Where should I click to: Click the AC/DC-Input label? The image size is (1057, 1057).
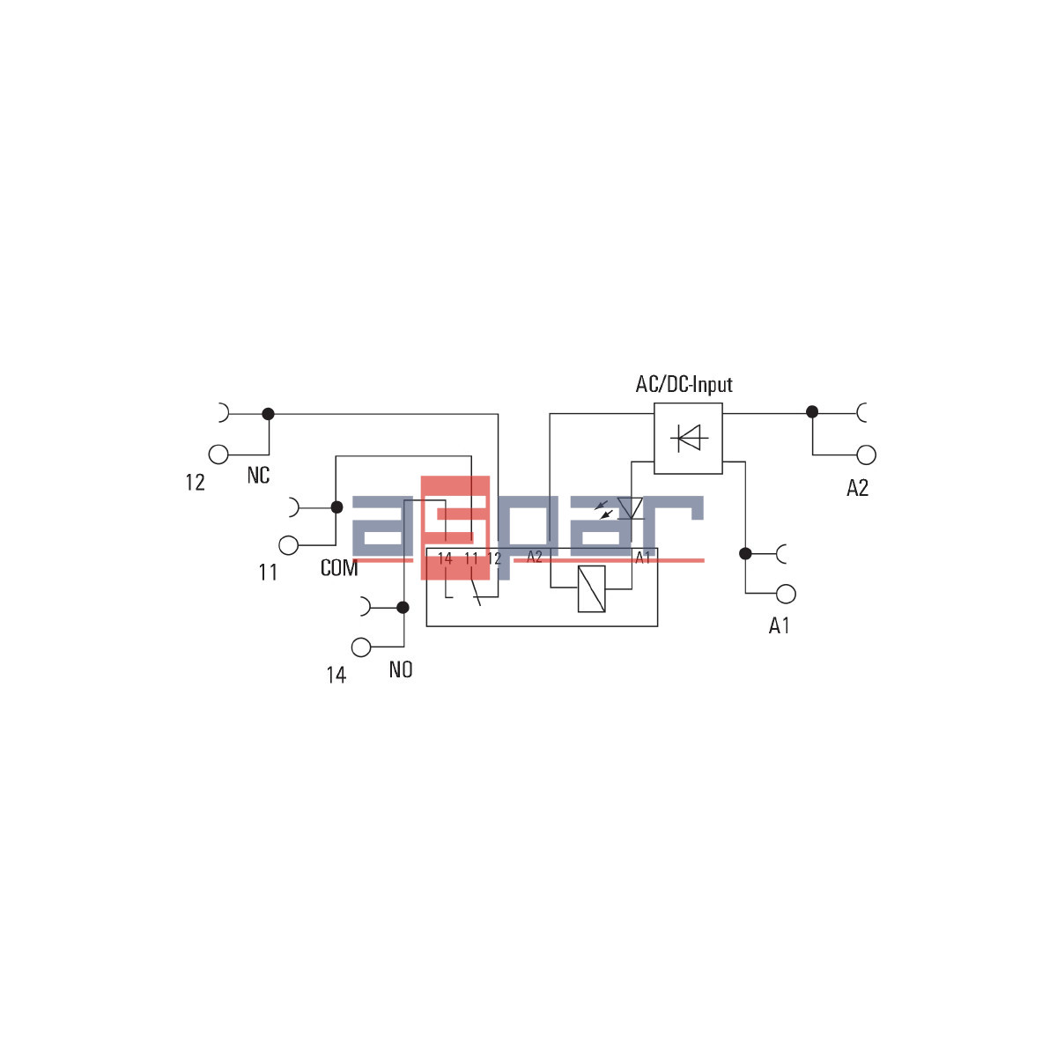684,385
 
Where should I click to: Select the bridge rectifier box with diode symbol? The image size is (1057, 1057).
688,438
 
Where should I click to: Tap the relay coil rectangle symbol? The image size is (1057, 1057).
591,588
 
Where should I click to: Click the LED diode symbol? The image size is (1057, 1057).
630,508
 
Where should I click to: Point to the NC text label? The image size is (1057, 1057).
258,476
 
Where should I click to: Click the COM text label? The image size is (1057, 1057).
339,569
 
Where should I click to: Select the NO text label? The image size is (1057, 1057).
401,670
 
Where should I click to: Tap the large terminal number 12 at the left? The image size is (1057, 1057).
195,483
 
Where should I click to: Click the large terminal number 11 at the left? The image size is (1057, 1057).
268,573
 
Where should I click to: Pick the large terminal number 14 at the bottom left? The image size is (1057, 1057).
336,676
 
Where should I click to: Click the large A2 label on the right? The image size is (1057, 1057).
857,488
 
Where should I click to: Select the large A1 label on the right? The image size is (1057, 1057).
780,626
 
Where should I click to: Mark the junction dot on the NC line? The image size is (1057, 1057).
269,413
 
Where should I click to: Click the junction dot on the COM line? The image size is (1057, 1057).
336,507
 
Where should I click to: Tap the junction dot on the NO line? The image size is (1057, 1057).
403,607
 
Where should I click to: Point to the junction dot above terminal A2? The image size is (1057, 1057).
812,411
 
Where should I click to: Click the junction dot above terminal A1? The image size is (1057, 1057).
745,553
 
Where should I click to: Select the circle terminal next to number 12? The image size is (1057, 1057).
218,455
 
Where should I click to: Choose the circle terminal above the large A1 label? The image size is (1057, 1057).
786,594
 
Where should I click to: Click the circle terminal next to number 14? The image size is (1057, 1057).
361,647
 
